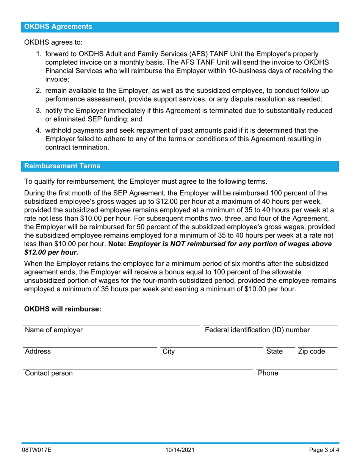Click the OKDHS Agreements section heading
coord(58,27)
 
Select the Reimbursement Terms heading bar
coord(63,166)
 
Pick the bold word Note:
coord(117,244)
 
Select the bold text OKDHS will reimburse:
coord(63,309)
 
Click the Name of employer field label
coord(54,330)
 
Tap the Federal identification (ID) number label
coord(257,330)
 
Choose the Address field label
coord(38,352)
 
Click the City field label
coord(169,352)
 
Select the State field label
coord(274,352)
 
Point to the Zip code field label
coord(311,352)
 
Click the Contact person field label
coord(49,373)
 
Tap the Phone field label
coord(268,373)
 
